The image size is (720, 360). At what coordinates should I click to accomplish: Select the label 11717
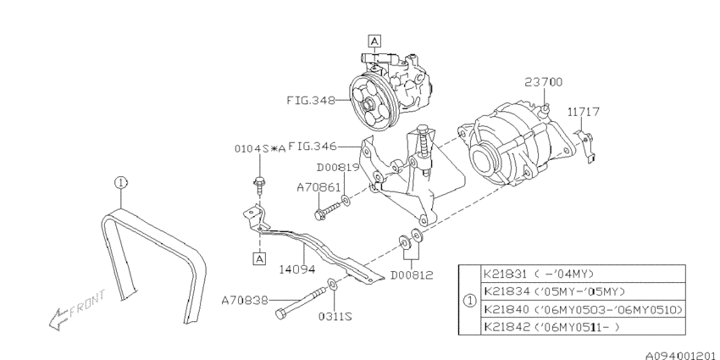584,111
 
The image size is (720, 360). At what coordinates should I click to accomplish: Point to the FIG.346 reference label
313,146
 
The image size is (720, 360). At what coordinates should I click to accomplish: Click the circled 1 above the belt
121,181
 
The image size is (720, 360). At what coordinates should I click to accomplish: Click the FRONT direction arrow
75,309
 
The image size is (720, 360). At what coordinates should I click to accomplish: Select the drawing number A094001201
673,352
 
